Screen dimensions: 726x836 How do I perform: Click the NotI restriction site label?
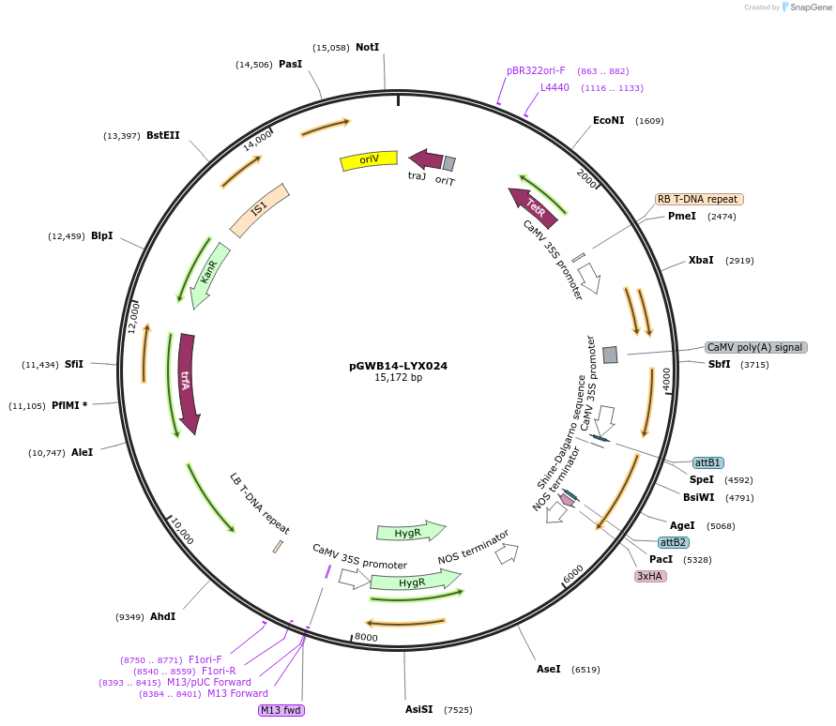(367, 47)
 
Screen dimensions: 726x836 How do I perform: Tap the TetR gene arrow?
(534, 207)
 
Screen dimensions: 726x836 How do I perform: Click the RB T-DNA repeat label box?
(699, 199)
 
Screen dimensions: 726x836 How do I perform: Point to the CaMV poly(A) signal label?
(755, 347)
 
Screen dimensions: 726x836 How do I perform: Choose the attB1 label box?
(707, 462)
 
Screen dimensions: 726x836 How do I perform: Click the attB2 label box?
(673, 542)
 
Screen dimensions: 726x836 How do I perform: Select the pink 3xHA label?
(650, 576)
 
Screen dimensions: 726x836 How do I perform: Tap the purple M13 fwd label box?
(281, 710)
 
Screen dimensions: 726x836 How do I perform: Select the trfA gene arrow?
(188, 383)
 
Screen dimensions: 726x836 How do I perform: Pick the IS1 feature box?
(260, 208)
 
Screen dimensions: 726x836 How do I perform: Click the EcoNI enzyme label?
(608, 120)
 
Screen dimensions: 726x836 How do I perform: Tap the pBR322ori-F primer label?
(536, 70)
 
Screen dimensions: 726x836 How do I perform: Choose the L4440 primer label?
(555, 87)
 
